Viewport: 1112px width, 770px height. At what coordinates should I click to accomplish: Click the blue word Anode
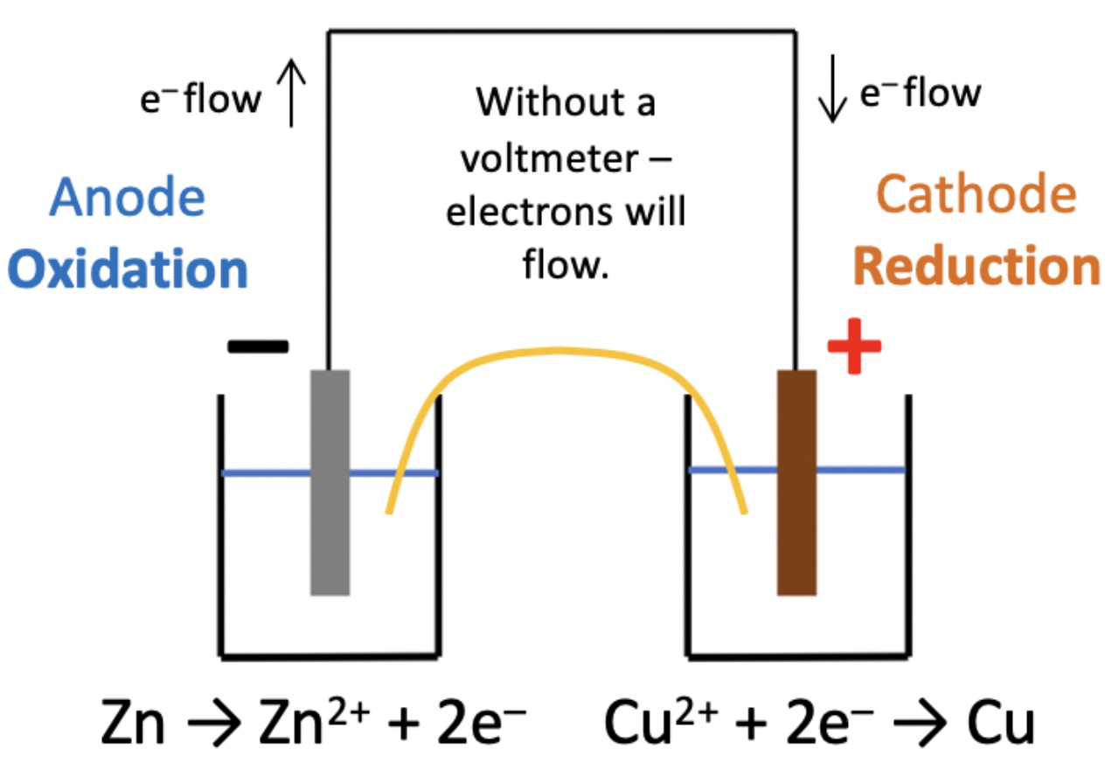[128, 198]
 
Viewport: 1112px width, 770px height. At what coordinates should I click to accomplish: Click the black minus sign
[258, 346]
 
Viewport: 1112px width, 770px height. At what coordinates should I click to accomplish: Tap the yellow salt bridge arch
[559, 351]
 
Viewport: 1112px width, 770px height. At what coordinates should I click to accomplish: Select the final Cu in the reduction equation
[1001, 724]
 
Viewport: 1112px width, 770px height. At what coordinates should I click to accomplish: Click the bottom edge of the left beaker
[329, 654]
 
